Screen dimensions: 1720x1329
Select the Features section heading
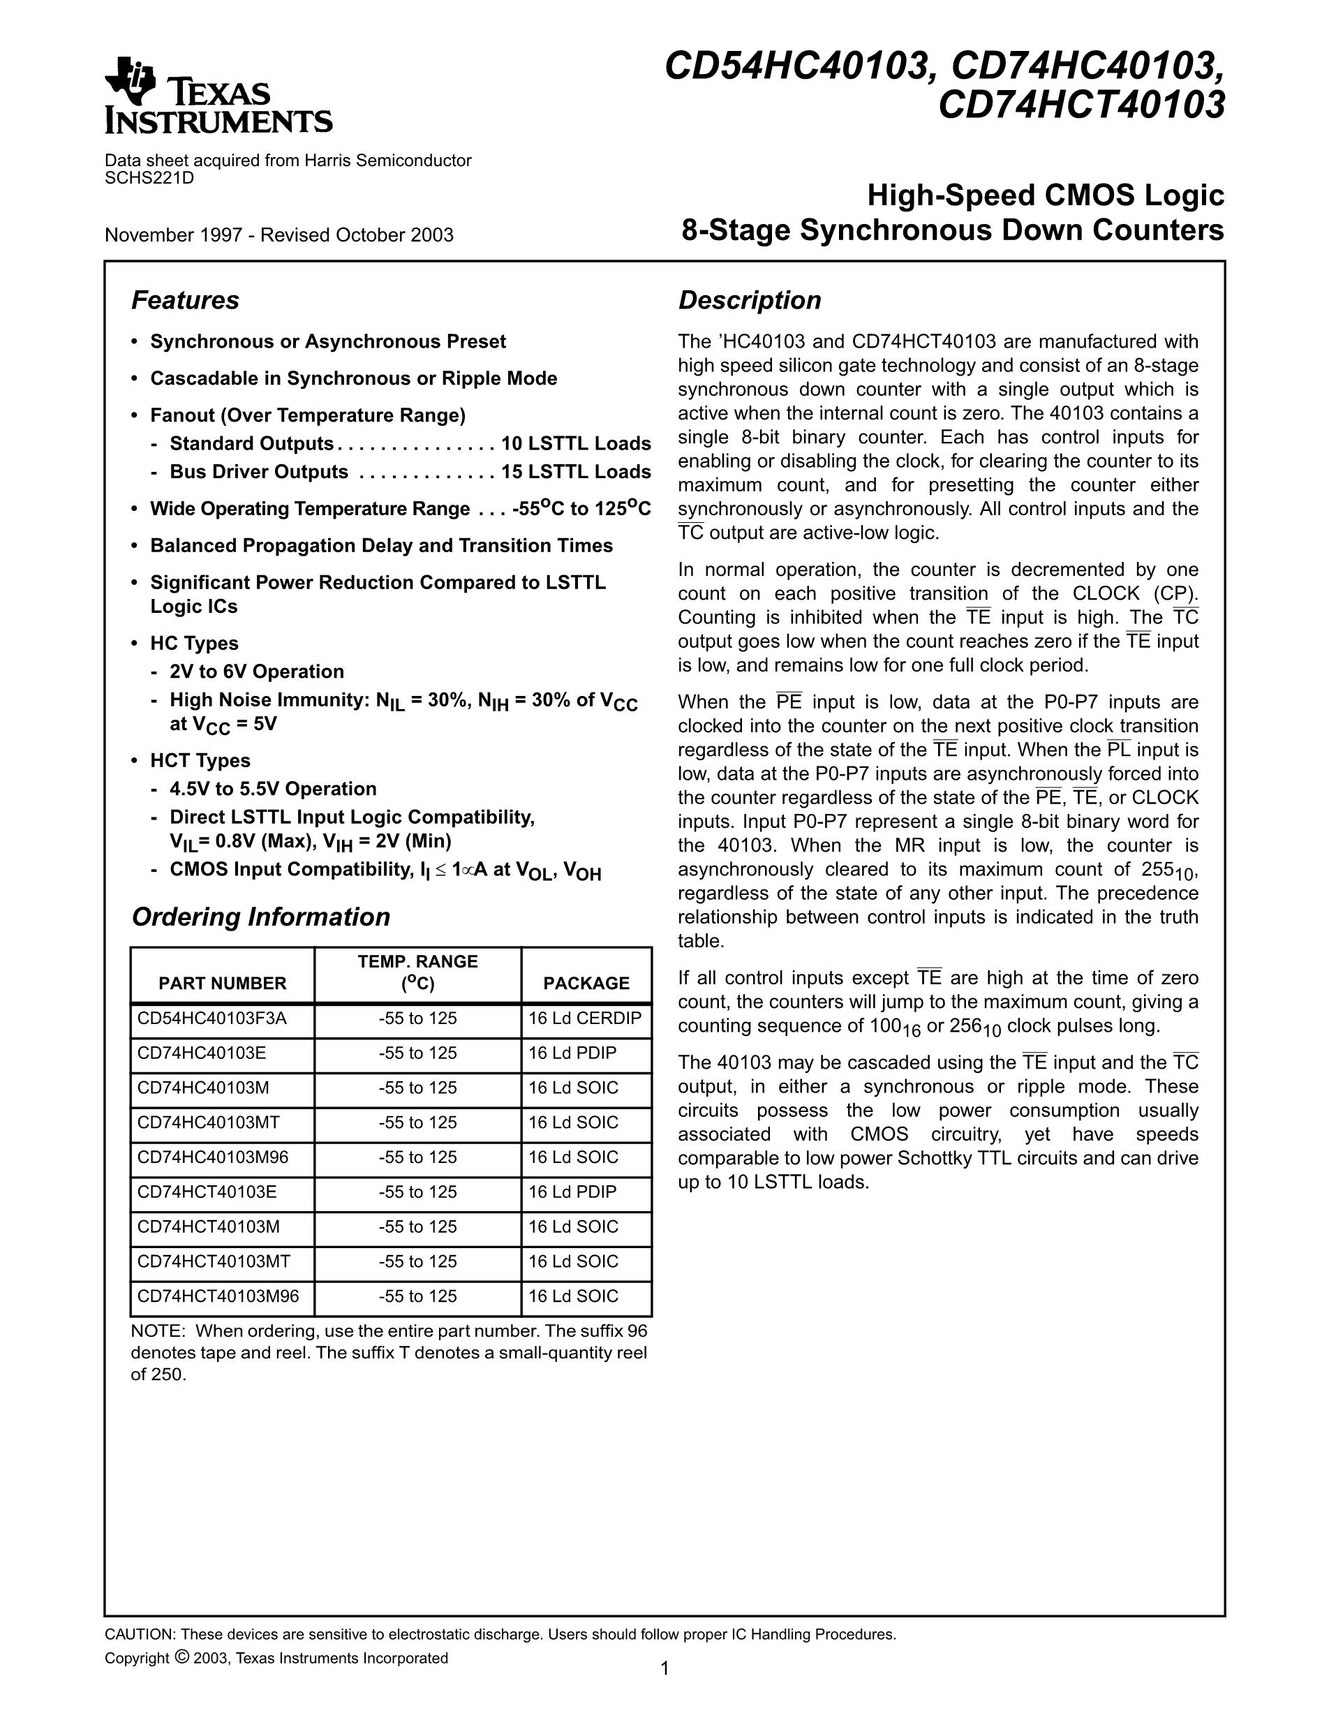click(x=185, y=300)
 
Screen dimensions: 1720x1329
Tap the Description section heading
click(x=750, y=300)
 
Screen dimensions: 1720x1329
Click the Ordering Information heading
click(x=260, y=917)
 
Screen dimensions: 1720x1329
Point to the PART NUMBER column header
click(x=222, y=983)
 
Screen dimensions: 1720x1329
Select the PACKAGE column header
click(x=586, y=983)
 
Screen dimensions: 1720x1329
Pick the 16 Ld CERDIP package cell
click(x=584, y=1018)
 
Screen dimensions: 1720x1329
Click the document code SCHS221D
click(x=149, y=177)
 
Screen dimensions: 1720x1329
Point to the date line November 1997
click(x=279, y=235)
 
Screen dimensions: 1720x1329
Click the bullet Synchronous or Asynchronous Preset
click(x=327, y=341)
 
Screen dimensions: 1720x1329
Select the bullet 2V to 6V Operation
click(x=257, y=671)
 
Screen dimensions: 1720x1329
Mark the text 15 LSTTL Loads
click(x=576, y=472)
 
